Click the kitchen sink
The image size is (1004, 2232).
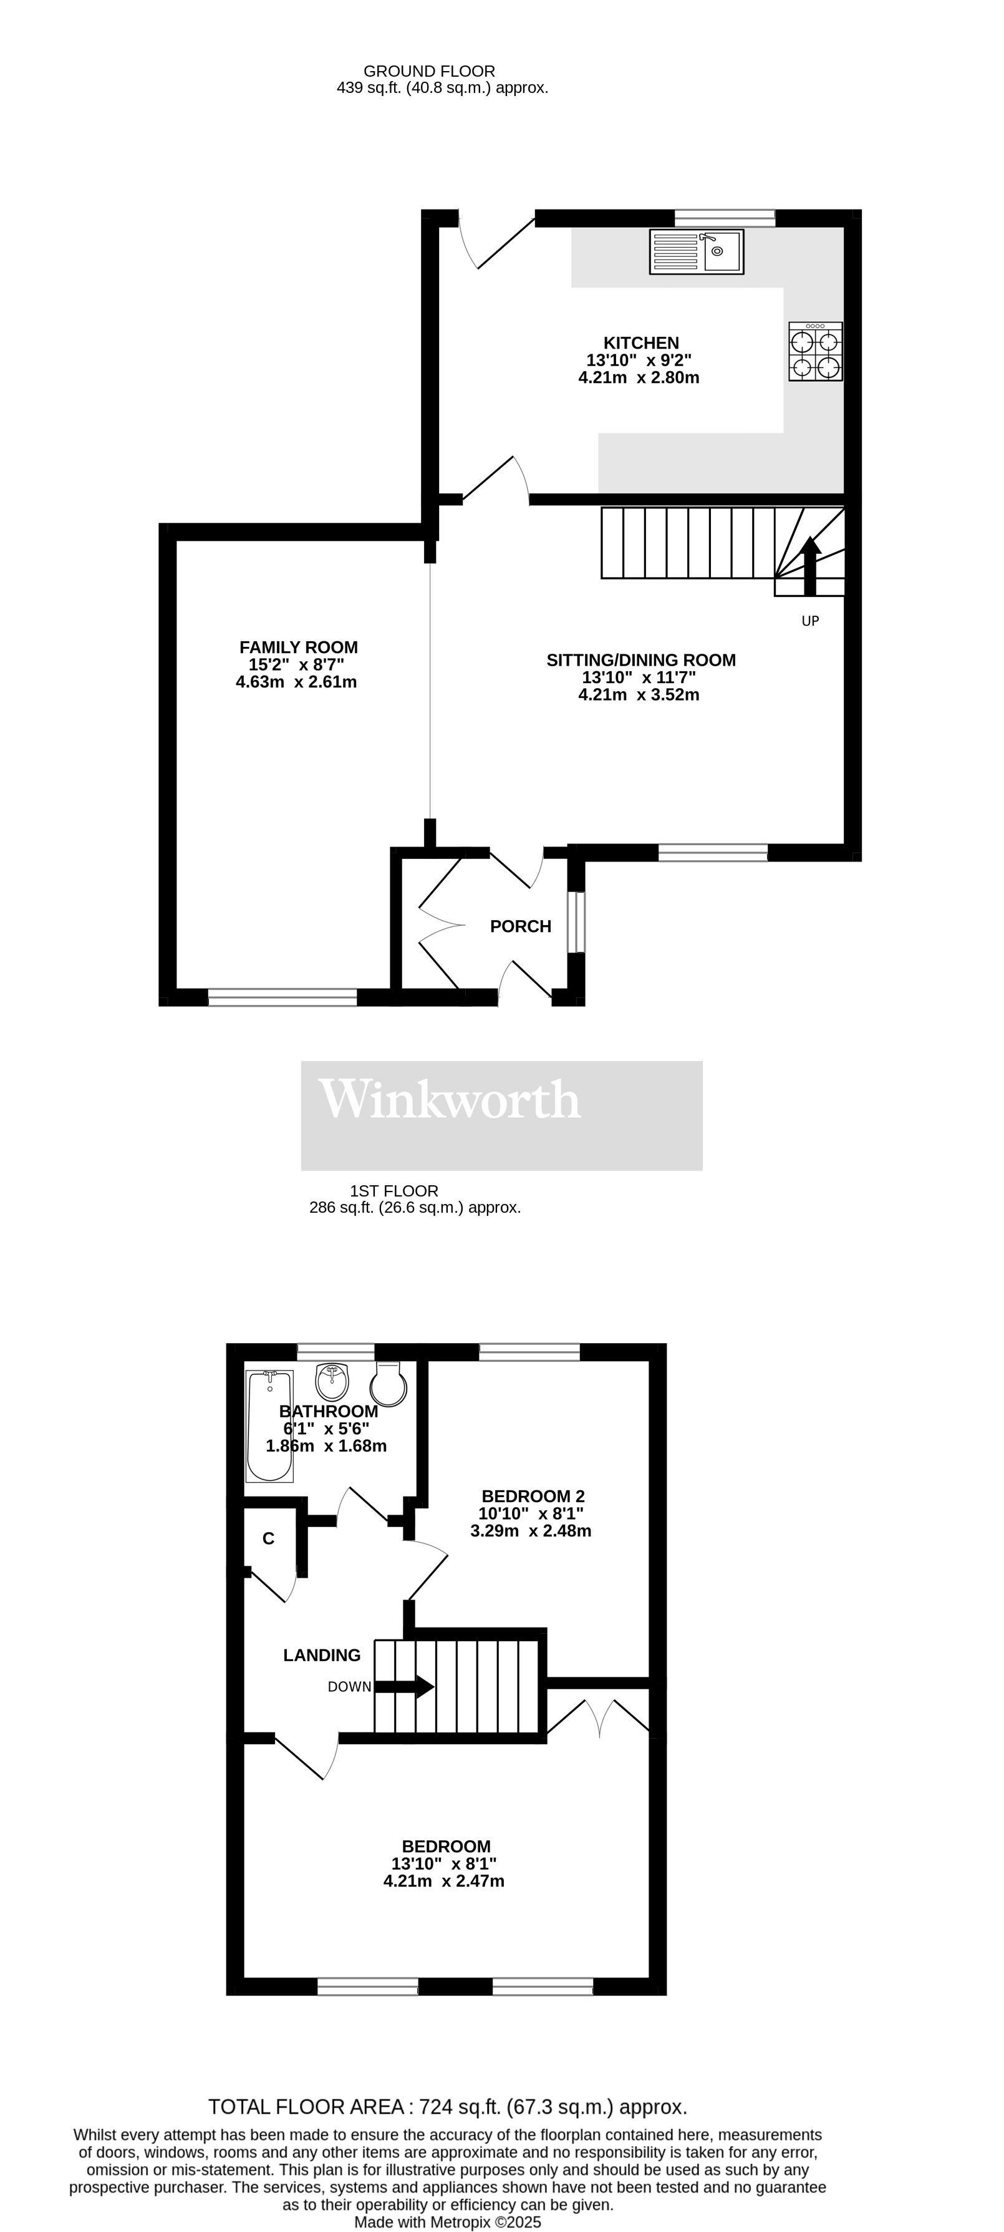697,251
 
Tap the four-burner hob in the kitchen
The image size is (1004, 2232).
815,351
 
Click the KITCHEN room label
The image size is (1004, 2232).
641,343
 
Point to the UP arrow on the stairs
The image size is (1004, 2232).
810,566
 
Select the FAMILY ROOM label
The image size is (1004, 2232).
298,648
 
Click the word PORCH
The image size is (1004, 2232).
521,926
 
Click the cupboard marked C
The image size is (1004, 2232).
269,1539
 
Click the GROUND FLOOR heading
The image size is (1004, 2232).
429,71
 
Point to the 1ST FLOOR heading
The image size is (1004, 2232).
394,1190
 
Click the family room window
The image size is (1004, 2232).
282,997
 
